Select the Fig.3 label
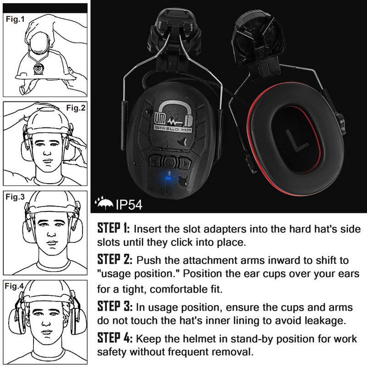point(15,198)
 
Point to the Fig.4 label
point(15,287)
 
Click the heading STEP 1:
point(114,228)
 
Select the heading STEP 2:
point(115,260)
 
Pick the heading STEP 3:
point(115,306)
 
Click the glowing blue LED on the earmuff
point(168,182)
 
